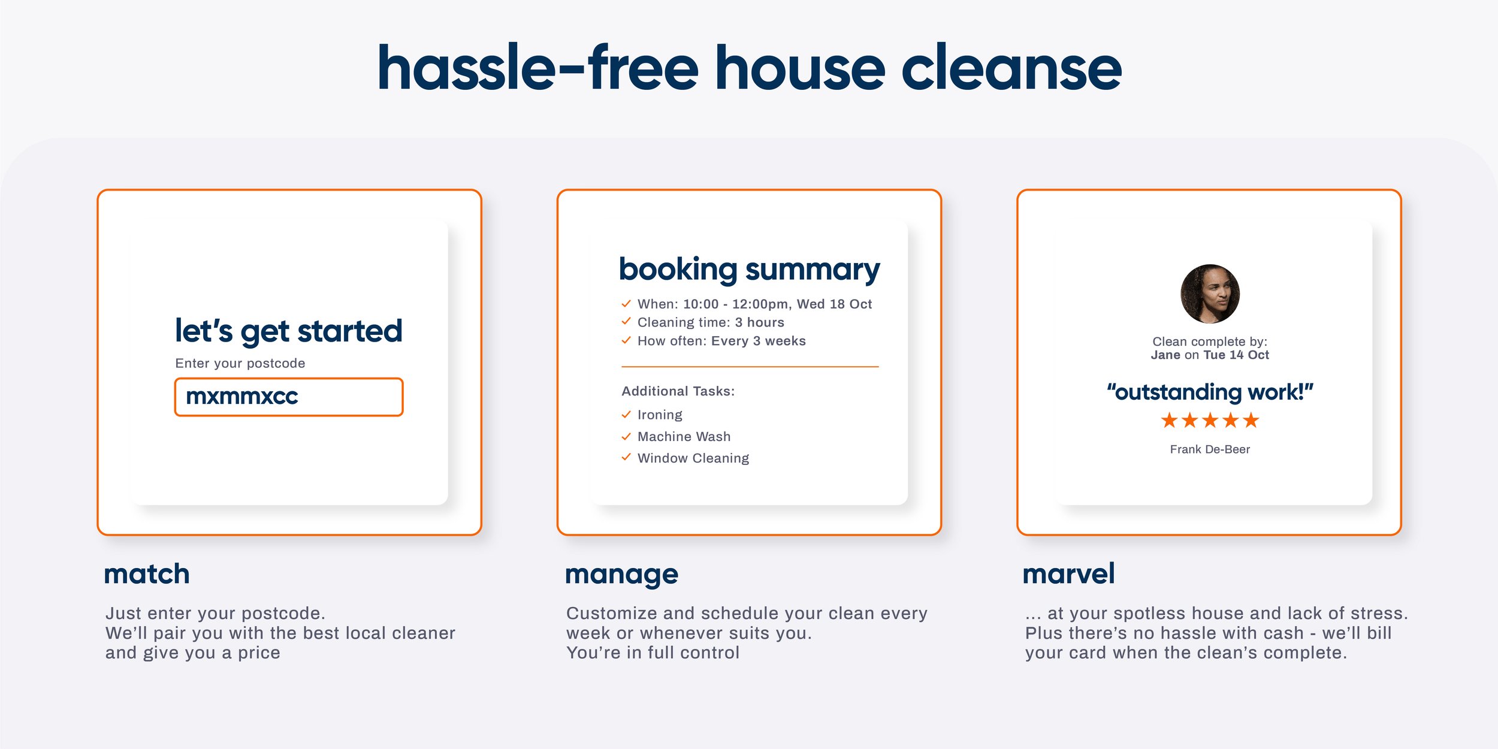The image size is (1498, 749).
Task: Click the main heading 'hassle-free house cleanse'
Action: (x=749, y=68)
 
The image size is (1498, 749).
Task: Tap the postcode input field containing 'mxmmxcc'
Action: (x=289, y=397)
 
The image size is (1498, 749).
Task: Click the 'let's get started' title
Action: (x=288, y=331)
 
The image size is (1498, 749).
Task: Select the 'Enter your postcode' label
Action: (x=240, y=363)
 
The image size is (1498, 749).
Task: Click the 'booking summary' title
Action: (x=749, y=270)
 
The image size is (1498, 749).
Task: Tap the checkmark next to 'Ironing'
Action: (x=626, y=415)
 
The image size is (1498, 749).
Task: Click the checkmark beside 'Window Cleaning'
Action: (x=626, y=458)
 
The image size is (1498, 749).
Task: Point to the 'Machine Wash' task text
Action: (x=684, y=436)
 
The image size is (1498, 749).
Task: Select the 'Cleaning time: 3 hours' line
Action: (x=710, y=322)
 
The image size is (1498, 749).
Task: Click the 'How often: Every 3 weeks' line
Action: (x=721, y=341)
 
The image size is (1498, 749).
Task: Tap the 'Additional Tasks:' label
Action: (x=678, y=391)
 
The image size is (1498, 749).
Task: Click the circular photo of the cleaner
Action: (x=1210, y=294)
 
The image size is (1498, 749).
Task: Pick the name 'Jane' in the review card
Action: (x=1165, y=355)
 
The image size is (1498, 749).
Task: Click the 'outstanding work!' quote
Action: (x=1210, y=392)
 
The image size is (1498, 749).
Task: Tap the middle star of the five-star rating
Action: (x=1210, y=421)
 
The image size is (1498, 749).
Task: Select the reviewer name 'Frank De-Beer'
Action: (x=1210, y=449)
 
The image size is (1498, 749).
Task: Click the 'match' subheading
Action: (x=147, y=574)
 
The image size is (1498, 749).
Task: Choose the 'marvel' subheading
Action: (x=1068, y=574)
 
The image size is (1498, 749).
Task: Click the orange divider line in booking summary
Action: (x=750, y=366)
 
